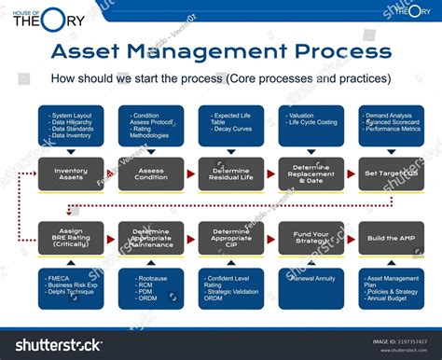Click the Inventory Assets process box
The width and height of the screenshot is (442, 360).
pos(71,173)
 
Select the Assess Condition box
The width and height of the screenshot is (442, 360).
pos(151,173)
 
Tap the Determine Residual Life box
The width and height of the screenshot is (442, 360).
pos(230,173)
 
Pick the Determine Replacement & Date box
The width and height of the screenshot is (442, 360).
pos(311,173)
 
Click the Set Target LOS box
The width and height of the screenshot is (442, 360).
pos(391,173)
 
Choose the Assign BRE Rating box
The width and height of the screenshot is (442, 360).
pos(71,238)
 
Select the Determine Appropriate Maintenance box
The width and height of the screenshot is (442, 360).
pos(151,238)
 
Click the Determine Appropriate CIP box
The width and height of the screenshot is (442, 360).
pos(230,238)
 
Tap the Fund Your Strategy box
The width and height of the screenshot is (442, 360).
pos(311,238)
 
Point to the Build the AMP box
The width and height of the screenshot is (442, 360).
pos(391,238)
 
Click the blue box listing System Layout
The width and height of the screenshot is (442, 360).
pos(71,125)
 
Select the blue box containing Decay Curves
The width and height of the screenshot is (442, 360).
pos(230,125)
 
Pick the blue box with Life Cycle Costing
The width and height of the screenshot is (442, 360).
pos(311,125)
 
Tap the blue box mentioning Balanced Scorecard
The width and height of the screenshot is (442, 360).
pos(391,125)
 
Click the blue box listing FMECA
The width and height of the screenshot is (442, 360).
pos(71,288)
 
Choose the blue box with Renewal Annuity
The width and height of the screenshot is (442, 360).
pos(311,288)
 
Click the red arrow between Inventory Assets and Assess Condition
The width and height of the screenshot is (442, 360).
pos(111,173)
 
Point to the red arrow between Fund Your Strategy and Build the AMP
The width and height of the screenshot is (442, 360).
pos(351,238)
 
